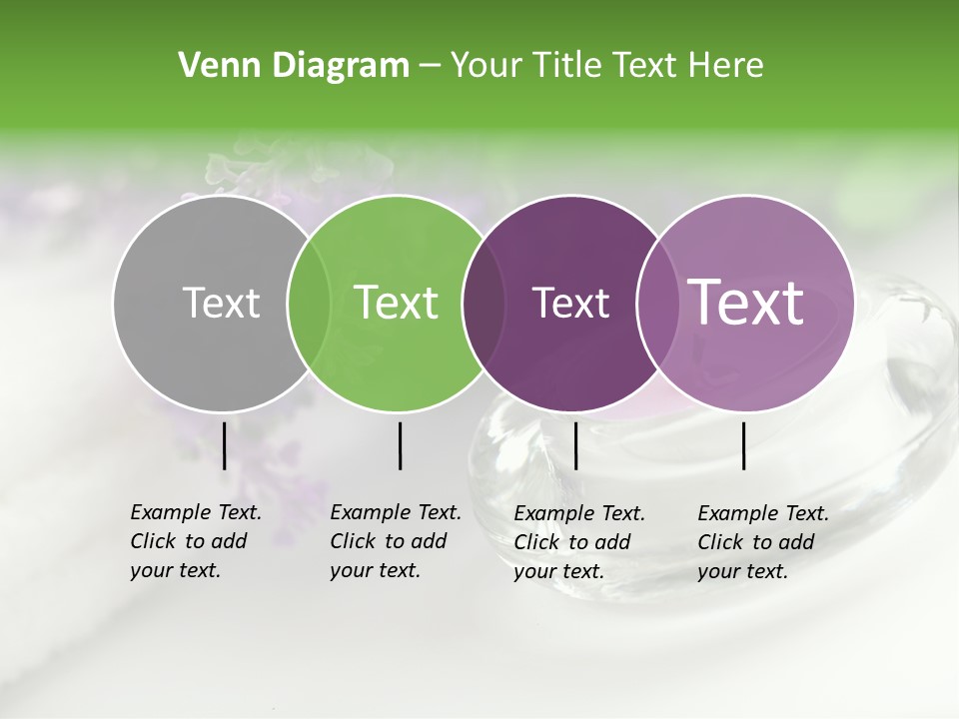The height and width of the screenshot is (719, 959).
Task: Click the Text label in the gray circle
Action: pyautogui.click(x=221, y=303)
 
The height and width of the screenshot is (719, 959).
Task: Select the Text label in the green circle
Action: pyautogui.click(x=396, y=303)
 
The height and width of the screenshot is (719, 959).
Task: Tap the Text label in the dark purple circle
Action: pyautogui.click(x=570, y=303)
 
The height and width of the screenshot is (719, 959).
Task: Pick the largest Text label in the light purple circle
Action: pyautogui.click(x=745, y=303)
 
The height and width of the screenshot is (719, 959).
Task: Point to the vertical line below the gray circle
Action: pyautogui.click(x=225, y=445)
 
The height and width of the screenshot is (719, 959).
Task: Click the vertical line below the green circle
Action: pyautogui.click(x=400, y=445)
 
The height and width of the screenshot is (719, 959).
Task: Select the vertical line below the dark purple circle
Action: pyautogui.click(x=575, y=445)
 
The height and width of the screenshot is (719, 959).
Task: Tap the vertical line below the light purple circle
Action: pyautogui.click(x=744, y=445)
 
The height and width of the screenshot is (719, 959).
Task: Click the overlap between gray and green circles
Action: pyautogui.click(x=309, y=303)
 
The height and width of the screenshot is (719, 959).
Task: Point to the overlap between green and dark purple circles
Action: pyautogui.click(x=483, y=303)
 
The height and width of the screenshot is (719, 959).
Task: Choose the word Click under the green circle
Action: pyautogui.click(x=352, y=541)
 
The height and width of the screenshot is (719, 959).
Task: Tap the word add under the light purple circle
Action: pyautogui.click(x=795, y=542)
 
